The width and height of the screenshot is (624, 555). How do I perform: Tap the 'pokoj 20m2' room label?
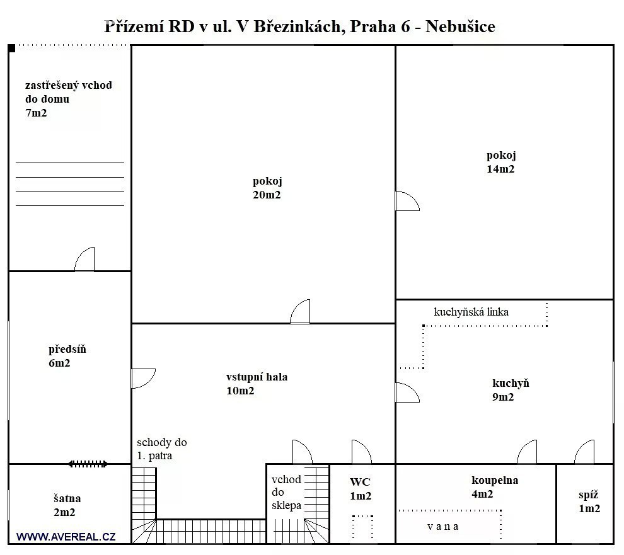(267, 188)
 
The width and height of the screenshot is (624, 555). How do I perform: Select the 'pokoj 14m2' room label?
(500, 162)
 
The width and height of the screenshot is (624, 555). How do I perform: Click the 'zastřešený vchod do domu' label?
(68, 99)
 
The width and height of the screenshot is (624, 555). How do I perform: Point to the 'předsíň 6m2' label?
(67, 356)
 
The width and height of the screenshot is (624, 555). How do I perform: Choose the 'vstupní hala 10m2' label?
(257, 384)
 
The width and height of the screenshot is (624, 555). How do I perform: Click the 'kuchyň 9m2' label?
(510, 390)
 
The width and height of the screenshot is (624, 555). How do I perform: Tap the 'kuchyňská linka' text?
(471, 312)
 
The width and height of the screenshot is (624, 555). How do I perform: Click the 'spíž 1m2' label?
(589, 501)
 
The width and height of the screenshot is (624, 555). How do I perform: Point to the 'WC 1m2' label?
(360, 489)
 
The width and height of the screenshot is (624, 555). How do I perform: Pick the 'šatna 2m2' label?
(67, 505)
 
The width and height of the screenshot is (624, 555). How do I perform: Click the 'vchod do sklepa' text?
(286, 492)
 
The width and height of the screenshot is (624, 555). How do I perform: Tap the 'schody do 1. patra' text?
(161, 449)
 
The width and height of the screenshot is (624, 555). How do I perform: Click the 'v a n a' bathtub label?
(442, 527)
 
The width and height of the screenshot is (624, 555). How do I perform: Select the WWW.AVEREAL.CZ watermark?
(66, 537)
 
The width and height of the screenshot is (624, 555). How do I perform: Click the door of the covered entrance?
(84, 260)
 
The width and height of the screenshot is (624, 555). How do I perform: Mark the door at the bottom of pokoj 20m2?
(301, 312)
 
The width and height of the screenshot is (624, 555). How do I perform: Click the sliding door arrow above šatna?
(88, 464)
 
